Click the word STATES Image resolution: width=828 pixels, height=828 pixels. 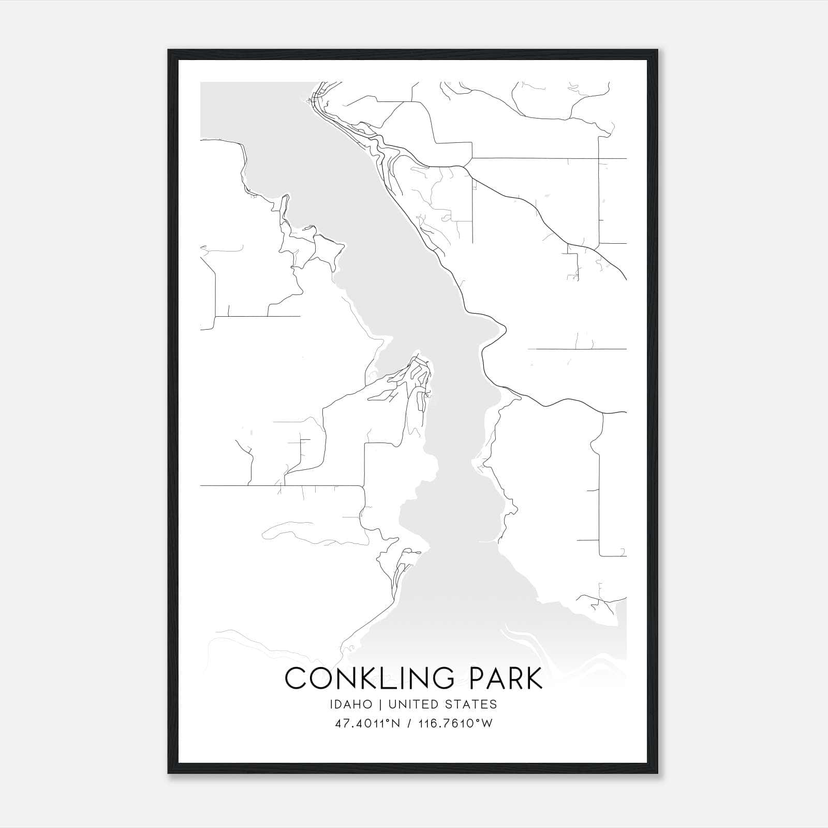pyautogui.click(x=471, y=704)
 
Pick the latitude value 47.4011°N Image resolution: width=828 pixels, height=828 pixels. pyautogui.click(x=368, y=723)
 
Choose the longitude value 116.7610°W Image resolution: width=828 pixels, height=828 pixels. pyautogui.click(x=455, y=723)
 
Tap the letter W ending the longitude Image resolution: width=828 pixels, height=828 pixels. pyautogui.click(x=487, y=723)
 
